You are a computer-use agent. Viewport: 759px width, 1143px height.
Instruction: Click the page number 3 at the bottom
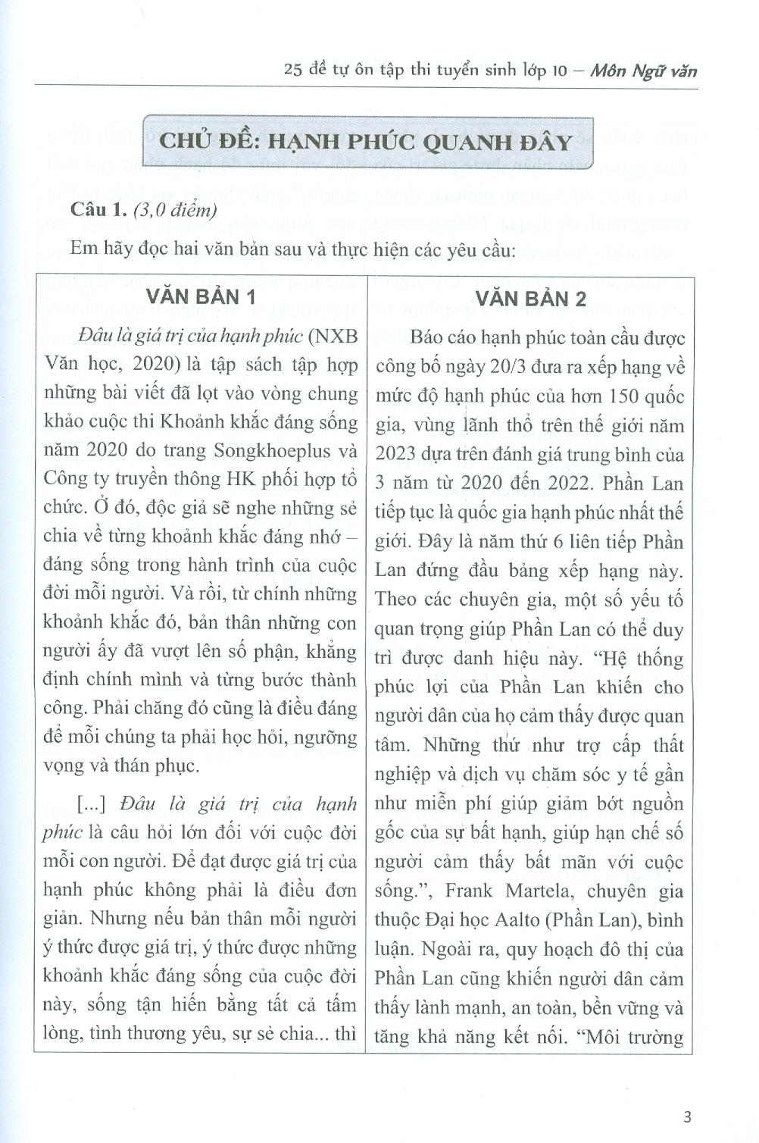click(x=687, y=1116)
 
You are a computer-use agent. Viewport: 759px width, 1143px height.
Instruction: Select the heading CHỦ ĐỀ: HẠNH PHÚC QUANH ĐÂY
click(x=367, y=142)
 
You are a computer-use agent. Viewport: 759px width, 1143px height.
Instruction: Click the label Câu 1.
click(x=98, y=210)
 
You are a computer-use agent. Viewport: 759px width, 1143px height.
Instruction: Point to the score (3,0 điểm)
click(x=174, y=210)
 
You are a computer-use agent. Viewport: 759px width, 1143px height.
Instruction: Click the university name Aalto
click(x=500, y=920)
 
